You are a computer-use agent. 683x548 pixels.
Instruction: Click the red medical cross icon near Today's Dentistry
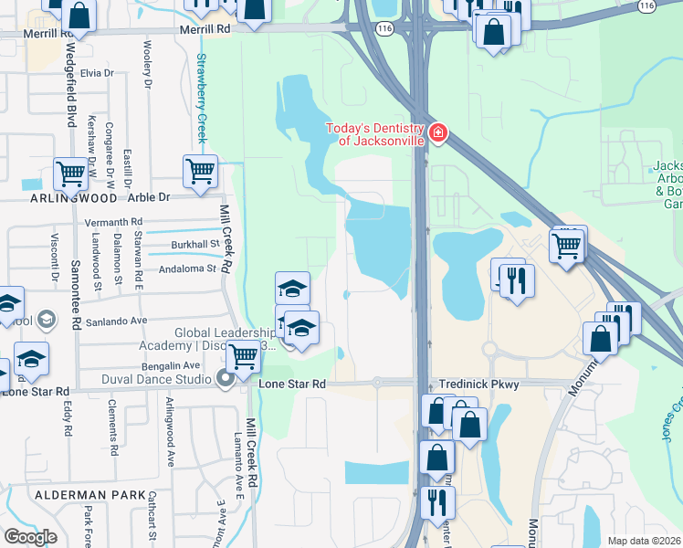tap(438, 134)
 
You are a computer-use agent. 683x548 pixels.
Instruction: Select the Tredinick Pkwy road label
tap(478, 385)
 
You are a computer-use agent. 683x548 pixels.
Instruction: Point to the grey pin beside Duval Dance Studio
tap(226, 379)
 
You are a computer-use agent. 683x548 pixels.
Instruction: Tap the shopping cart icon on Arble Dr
tap(200, 171)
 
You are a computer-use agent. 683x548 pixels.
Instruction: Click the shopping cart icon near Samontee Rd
tap(70, 173)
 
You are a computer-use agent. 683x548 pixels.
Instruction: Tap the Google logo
tap(30, 536)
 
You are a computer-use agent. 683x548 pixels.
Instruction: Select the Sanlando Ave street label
tap(117, 321)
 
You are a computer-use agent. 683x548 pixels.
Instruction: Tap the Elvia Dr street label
tap(96, 73)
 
